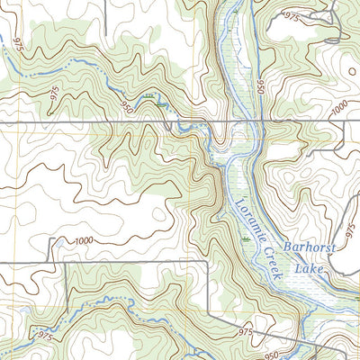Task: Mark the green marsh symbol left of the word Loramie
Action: point(245,239)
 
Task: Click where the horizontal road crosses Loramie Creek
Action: point(236,120)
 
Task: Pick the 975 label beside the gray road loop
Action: point(291,16)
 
